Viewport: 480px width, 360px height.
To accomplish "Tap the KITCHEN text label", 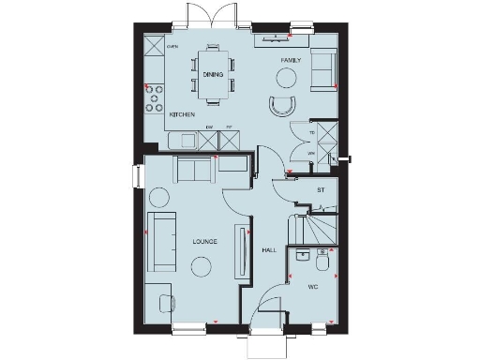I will pos(156,114).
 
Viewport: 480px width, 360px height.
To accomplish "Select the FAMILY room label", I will pos(290,59).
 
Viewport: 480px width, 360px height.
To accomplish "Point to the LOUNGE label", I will pos(204,241).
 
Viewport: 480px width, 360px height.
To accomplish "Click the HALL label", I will pos(268,250).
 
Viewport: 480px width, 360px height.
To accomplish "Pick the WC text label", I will pos(315,287).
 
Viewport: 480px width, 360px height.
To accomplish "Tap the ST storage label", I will pos(320,189).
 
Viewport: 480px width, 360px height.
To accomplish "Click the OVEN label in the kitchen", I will pos(172,45).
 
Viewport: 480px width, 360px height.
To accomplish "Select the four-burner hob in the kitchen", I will pos(153,95).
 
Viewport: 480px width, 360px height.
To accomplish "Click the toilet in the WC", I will pos(303,255).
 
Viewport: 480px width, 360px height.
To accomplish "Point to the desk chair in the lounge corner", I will pos(166,302).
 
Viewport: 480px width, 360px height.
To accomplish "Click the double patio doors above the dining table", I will pos(205,17).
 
